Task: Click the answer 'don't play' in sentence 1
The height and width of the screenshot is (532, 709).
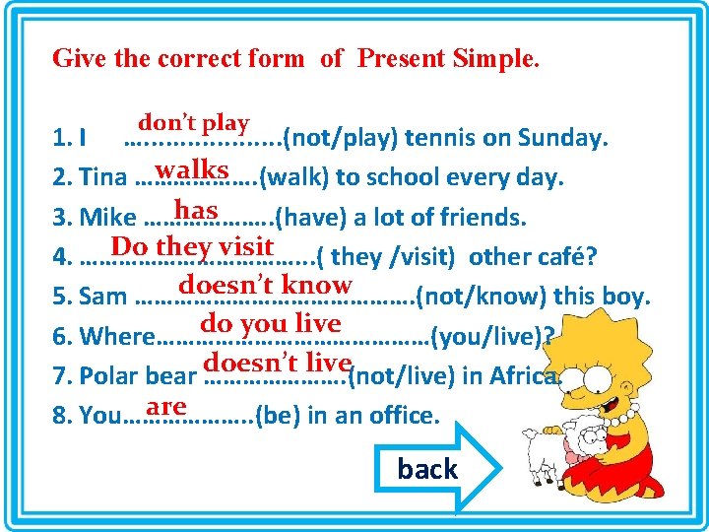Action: pyautogui.click(x=193, y=123)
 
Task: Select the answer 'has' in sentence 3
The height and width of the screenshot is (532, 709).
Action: pyautogui.click(x=195, y=209)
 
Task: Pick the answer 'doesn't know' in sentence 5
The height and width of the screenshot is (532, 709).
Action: pyautogui.click(x=265, y=285)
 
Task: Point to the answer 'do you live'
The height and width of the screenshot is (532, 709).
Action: pyautogui.click(x=270, y=323)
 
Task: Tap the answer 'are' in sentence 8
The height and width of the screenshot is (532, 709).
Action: pyautogui.click(x=165, y=406)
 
